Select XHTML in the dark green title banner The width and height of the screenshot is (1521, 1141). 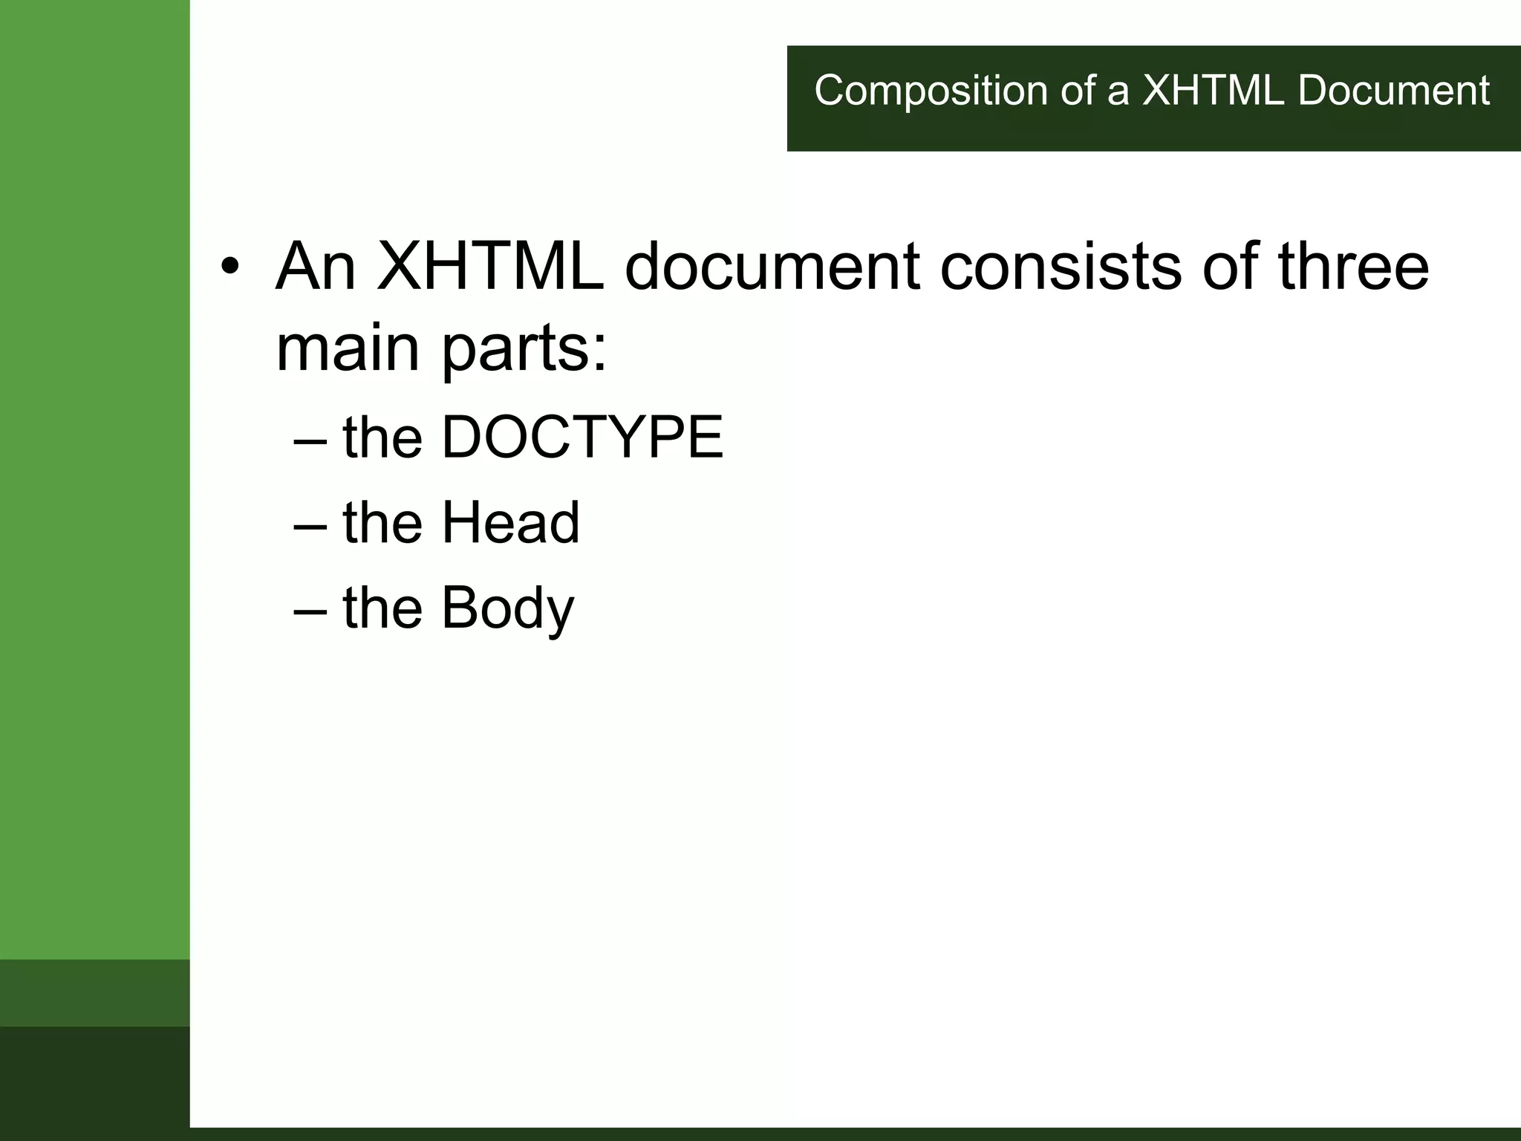coord(1212,91)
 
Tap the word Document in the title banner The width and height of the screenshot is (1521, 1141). coord(1393,91)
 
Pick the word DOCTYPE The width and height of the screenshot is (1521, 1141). coord(582,438)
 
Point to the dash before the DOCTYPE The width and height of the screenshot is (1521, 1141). coord(310,440)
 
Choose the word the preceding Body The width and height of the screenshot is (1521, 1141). coord(382,608)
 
